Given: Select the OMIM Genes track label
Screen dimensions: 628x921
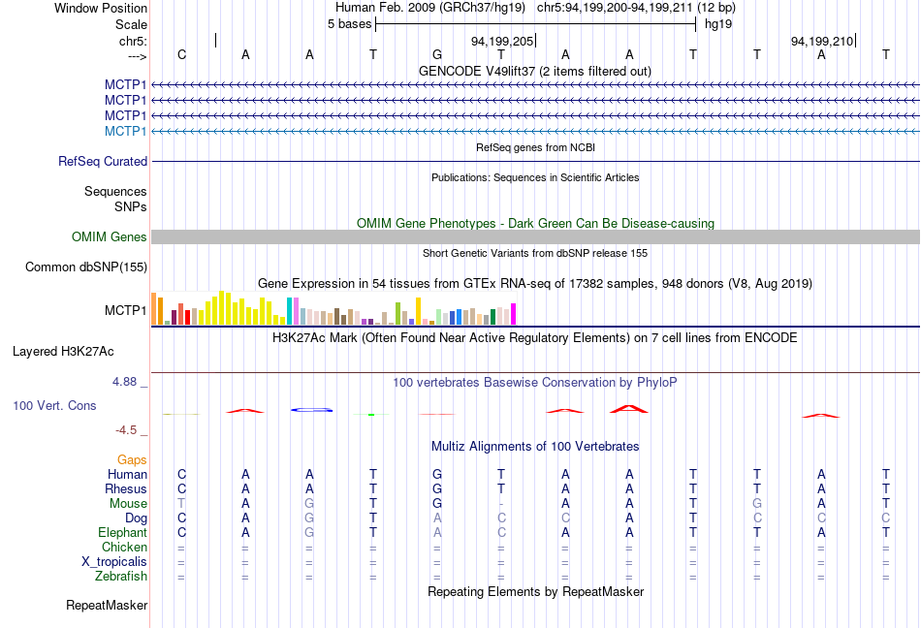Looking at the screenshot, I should point(110,237).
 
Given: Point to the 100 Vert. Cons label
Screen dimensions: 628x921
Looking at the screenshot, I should point(54,406).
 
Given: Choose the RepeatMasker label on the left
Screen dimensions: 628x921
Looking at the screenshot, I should point(107,606).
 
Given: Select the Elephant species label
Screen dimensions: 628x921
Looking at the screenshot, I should point(122,533).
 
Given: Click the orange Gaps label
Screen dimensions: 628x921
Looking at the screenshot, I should point(132,459).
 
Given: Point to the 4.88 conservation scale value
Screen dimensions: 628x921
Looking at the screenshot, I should point(126,382).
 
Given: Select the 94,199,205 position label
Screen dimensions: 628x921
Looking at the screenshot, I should point(502,42).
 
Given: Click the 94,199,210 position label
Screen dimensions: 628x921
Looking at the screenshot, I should point(822,42).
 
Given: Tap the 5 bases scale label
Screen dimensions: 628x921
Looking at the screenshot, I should point(349,24).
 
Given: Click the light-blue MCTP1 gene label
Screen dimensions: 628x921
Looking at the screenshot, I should point(125,131).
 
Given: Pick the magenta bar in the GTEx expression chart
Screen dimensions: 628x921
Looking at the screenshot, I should point(514,314).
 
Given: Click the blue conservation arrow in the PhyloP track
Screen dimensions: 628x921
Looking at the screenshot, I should point(312,410).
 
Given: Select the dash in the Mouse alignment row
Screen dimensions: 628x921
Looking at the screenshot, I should point(501,504).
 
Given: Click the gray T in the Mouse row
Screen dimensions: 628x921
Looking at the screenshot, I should point(181,504).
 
